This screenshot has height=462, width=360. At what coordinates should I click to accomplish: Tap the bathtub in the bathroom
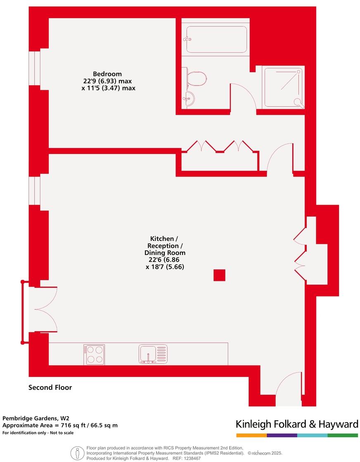[216, 40]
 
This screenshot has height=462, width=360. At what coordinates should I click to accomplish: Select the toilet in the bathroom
[197, 78]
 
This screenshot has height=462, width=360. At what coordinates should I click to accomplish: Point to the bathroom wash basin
[189, 99]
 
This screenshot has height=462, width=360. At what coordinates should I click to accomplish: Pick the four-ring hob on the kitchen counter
[94, 354]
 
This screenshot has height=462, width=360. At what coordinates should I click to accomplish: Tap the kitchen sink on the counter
[153, 354]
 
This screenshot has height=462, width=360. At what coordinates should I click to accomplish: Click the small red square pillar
[219, 275]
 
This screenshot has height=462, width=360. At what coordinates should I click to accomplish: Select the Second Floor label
[50, 387]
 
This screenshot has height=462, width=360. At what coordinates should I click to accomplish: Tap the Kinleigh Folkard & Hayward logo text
[297, 424]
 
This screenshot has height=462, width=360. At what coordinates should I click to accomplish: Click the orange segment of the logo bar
[251, 435]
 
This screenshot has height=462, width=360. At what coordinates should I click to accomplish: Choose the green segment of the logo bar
[343, 435]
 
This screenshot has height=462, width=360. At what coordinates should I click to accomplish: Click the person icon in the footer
[76, 453]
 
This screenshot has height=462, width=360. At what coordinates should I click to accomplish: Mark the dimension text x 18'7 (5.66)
[165, 267]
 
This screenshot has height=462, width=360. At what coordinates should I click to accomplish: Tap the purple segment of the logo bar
[282, 435]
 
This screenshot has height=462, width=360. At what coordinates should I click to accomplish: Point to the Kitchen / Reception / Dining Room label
[165, 245]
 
